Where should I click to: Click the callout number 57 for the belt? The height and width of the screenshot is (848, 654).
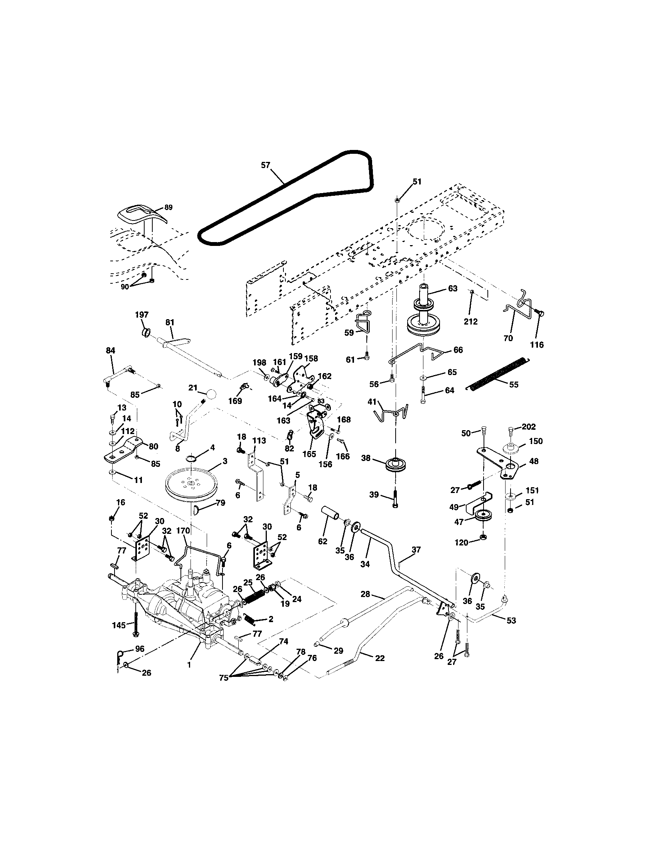pyautogui.click(x=265, y=165)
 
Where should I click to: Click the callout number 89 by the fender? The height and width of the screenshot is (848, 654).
pyautogui.click(x=168, y=207)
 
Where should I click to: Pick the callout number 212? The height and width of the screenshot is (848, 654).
pyautogui.click(x=470, y=321)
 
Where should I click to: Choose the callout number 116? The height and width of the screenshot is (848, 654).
pyautogui.click(x=537, y=344)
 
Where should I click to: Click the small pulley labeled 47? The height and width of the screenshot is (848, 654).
pyautogui.click(x=483, y=515)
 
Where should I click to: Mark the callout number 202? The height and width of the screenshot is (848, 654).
pyautogui.click(x=529, y=427)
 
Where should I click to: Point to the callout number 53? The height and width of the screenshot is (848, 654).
pyautogui.click(x=511, y=621)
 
